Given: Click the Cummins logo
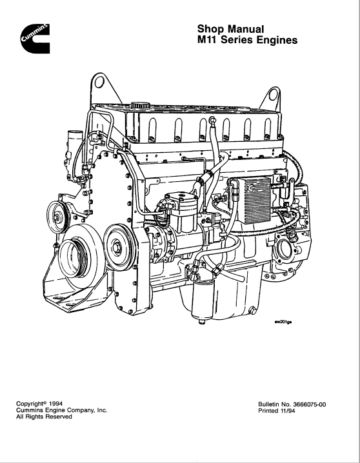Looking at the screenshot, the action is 35,39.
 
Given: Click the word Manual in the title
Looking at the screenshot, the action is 246,29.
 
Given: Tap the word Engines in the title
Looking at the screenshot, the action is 277,41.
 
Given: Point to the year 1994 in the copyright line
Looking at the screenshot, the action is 56,404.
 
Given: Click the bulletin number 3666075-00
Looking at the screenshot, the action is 310,404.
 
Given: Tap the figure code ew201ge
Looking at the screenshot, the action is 283,322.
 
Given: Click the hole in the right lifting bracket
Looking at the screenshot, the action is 273,95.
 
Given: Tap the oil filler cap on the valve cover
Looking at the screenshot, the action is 141,106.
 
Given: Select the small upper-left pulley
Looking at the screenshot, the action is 57,217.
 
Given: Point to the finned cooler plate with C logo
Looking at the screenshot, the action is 255,200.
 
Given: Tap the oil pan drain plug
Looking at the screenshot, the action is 253,311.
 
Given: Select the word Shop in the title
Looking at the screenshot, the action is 211,30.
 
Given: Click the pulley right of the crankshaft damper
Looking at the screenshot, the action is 119,247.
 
